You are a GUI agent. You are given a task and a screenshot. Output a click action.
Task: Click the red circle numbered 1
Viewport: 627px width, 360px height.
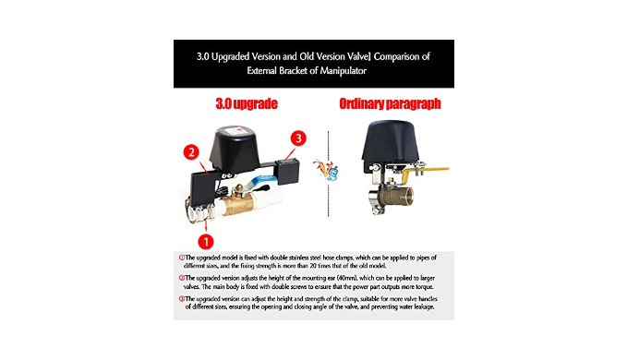[206, 241]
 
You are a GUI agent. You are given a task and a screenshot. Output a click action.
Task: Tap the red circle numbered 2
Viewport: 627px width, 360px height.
[191, 152]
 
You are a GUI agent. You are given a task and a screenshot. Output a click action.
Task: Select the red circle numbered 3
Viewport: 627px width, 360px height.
[298, 138]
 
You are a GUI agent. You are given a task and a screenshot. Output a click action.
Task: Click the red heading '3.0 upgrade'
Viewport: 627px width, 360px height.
[247, 104]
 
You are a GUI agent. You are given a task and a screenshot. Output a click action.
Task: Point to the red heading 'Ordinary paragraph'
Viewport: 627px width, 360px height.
[390, 104]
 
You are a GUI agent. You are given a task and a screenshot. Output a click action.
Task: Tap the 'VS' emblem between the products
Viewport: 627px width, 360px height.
[328, 170]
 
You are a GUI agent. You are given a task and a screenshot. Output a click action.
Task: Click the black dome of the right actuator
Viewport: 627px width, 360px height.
[391, 141]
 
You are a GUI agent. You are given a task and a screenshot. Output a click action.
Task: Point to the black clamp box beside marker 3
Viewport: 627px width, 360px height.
[287, 171]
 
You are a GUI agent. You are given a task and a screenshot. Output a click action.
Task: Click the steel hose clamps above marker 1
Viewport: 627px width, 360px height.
[200, 211]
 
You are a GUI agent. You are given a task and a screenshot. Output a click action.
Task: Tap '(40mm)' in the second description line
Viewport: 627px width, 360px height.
[347, 278]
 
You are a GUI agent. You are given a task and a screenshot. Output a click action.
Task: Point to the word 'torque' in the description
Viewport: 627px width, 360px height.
[425, 287]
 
